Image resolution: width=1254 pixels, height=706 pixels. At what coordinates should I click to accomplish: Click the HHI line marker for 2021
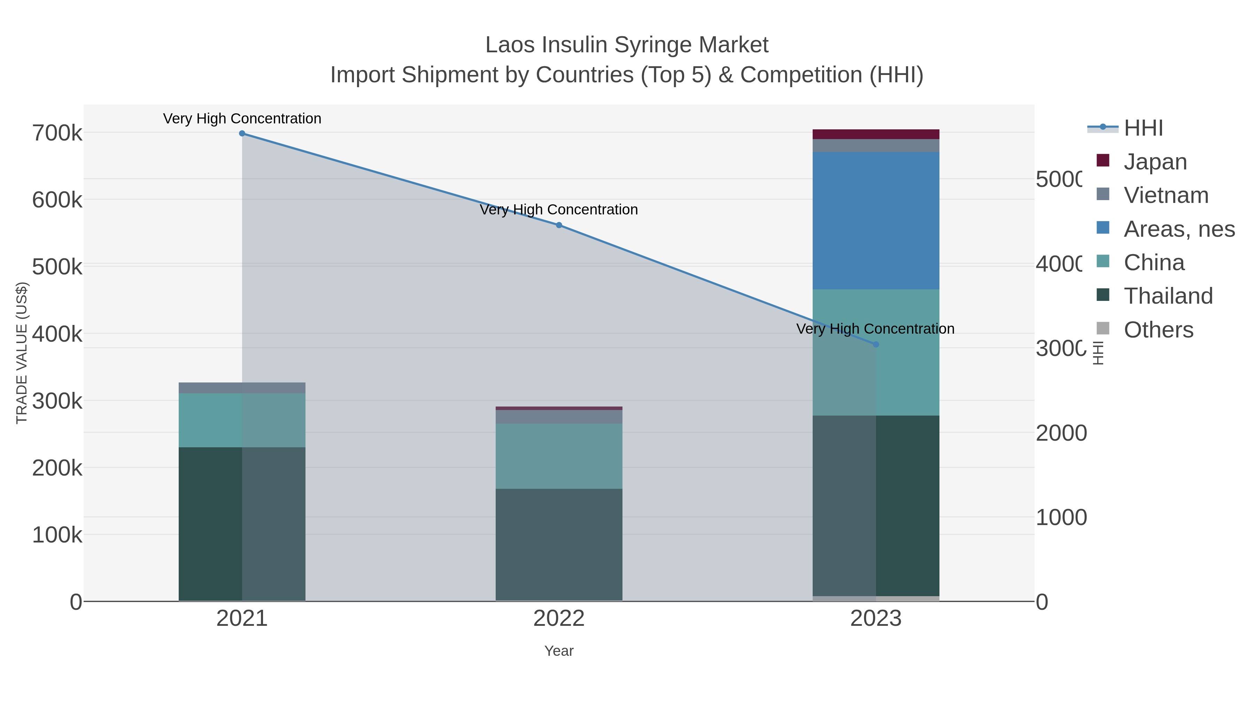(242, 134)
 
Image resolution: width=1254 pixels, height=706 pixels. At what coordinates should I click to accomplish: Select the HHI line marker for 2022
(559, 225)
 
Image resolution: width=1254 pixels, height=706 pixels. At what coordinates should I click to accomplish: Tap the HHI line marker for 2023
(876, 344)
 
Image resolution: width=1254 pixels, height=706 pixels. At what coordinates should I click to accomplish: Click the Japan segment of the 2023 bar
(876, 135)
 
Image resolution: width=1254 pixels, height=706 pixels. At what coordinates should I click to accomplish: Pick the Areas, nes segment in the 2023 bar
(876, 221)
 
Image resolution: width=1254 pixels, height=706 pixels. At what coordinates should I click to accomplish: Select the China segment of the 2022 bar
(559, 456)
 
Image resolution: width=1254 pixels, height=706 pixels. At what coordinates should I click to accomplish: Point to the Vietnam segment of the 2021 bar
(242, 388)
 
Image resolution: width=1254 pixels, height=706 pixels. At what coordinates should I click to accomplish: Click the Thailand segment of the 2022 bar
(559, 545)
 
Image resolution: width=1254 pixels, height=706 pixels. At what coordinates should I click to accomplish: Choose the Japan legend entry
(1155, 162)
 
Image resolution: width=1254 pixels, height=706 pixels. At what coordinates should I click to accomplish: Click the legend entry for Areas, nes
(1178, 229)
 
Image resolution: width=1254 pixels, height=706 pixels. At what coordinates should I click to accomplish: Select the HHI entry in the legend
(1143, 128)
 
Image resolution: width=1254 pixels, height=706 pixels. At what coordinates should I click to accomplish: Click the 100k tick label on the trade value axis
(57, 535)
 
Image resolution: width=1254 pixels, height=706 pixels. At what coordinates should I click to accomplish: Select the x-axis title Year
(559, 651)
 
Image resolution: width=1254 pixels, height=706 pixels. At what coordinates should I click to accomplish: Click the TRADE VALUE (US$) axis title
(22, 353)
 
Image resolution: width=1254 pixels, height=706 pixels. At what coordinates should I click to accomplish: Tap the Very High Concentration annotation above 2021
(242, 119)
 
